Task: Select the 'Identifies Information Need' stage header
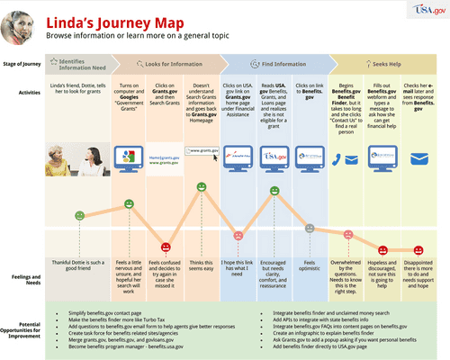81,64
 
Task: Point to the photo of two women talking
78,157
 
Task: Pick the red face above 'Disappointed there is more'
419,247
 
